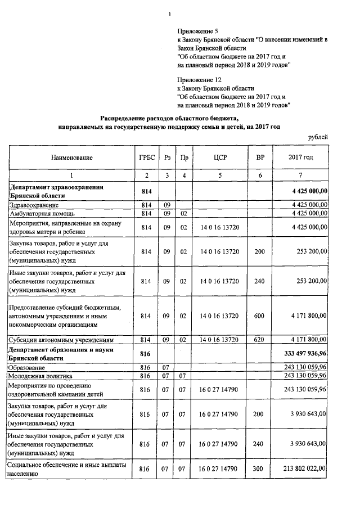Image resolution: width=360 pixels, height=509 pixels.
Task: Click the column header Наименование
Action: (x=71, y=157)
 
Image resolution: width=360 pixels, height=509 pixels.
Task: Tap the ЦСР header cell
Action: (x=219, y=157)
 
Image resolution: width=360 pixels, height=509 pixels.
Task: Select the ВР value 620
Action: (x=259, y=340)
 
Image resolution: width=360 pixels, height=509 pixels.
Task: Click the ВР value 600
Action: (x=259, y=316)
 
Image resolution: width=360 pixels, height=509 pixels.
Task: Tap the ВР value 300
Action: (x=259, y=468)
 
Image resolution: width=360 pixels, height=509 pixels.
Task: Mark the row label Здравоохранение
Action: (x=35, y=205)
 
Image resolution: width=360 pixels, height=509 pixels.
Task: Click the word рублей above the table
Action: (x=318, y=137)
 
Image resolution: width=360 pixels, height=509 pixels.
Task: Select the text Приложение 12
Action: (x=197, y=80)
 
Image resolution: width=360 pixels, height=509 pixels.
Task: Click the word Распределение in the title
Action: (x=124, y=118)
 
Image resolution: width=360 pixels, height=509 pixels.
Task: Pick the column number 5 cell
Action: (x=219, y=175)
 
